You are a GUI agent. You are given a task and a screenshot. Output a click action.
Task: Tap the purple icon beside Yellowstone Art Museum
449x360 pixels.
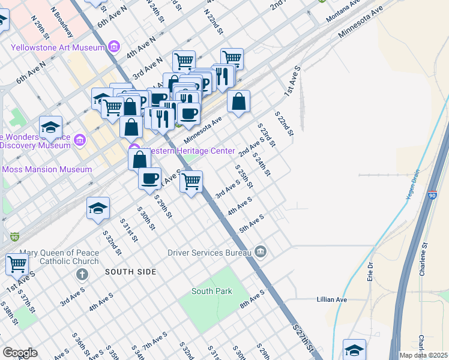click(x=115, y=47)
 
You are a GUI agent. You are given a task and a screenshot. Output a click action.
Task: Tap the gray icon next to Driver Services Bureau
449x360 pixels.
click(x=260, y=251)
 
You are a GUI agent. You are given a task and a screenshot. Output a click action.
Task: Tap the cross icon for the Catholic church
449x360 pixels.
click(x=82, y=274)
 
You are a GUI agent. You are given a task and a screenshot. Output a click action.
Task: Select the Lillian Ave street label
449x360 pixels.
click(x=332, y=299)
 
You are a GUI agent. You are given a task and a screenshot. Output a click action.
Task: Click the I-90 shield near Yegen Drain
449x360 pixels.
click(x=433, y=195)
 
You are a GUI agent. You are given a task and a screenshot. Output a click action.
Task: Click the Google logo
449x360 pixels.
click(x=20, y=352)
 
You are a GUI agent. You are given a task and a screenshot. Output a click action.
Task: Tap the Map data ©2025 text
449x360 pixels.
click(x=423, y=355)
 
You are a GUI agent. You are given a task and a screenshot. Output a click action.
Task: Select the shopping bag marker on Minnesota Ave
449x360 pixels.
click(x=239, y=102)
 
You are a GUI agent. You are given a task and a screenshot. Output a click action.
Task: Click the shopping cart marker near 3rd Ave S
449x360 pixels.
click(x=191, y=181)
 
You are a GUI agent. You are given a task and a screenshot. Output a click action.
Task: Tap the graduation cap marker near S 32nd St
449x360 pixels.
click(x=98, y=208)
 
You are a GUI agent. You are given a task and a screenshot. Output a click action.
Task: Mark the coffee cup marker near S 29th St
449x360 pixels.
click(x=149, y=178)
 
